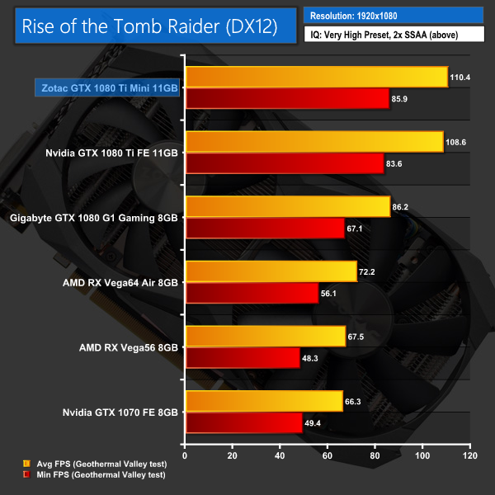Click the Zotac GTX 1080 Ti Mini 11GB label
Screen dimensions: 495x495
(x=107, y=87)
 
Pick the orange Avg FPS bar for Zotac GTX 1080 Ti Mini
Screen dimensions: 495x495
(x=317, y=77)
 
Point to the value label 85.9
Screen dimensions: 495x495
(x=402, y=99)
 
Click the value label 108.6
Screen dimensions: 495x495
(x=457, y=142)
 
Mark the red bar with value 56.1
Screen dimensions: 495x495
(x=252, y=293)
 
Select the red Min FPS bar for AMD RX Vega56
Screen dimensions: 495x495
(x=243, y=357)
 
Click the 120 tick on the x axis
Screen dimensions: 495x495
(x=470, y=455)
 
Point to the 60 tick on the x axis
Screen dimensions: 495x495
(x=328, y=455)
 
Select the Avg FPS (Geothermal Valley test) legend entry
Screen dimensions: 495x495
(x=92, y=464)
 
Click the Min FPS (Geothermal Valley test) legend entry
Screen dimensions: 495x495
(x=92, y=474)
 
